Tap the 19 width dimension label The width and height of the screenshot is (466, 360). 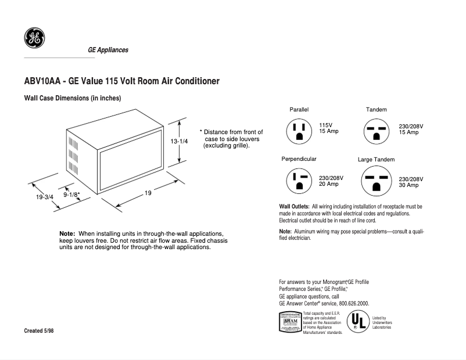coord(148,193)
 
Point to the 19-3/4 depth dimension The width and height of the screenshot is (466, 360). coord(45,197)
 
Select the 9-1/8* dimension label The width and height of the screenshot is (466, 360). coord(71,195)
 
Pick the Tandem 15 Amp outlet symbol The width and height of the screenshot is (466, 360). coord(377,131)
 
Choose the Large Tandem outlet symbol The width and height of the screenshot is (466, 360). coord(377,181)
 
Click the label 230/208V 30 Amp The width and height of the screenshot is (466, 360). coord(411,182)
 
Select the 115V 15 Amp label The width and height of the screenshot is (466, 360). coord(328,128)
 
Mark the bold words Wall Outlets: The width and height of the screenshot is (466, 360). coord(294,207)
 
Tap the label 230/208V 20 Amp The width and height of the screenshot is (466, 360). coord(332,181)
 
